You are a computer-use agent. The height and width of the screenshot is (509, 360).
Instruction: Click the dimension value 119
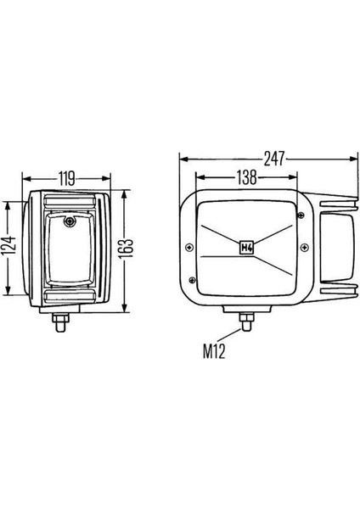click(x=66, y=178)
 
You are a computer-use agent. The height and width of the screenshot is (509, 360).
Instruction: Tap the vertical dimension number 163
click(x=126, y=249)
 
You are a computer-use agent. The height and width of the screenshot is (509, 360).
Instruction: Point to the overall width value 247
click(x=274, y=159)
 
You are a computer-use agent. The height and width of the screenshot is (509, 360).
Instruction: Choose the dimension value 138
click(x=246, y=177)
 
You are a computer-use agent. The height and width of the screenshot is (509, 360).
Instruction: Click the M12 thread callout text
click(x=214, y=351)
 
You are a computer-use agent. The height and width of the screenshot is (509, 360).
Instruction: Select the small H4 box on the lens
click(x=246, y=249)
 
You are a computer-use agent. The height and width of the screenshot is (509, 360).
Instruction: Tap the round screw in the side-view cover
click(x=70, y=221)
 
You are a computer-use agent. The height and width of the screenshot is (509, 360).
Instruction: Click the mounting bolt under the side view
click(x=60, y=322)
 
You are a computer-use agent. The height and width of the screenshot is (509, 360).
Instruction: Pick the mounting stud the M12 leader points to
click(x=246, y=322)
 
